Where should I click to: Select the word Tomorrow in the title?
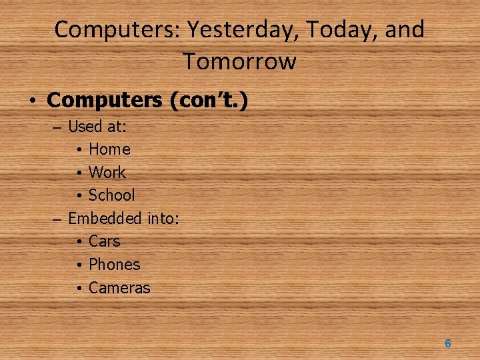click(240, 61)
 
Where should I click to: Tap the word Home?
click(109, 149)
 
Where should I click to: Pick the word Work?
click(107, 172)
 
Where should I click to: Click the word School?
click(112, 195)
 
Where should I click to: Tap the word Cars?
click(104, 241)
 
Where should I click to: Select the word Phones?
click(115, 264)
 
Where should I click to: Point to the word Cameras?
click(119, 288)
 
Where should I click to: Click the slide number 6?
click(448, 343)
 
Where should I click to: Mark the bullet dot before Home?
click(79, 150)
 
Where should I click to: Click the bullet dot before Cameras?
click(79, 289)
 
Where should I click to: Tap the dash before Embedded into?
click(57, 218)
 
